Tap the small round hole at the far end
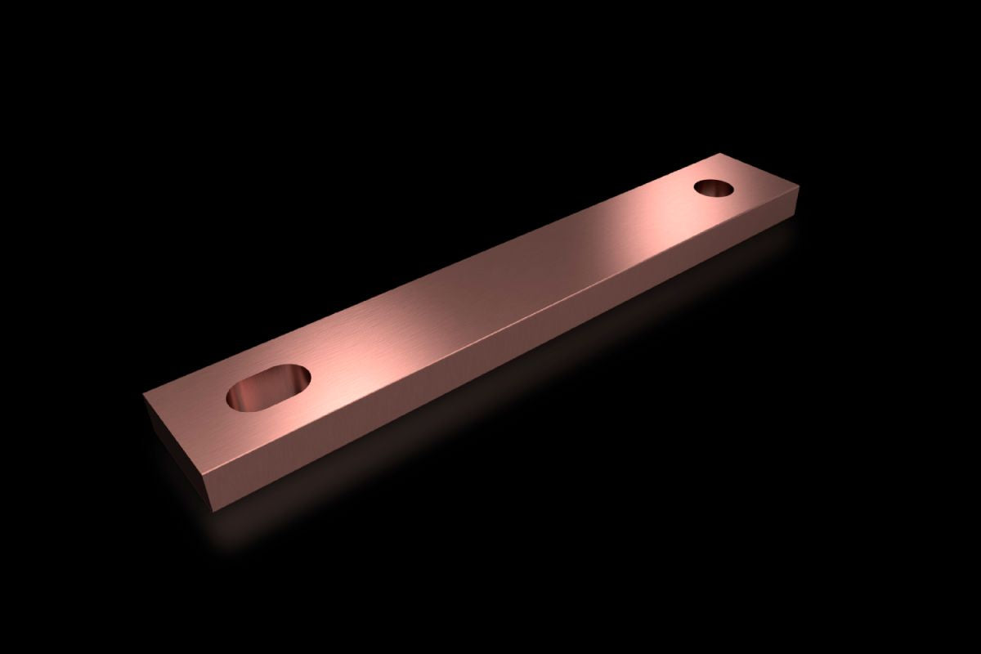coord(714,188)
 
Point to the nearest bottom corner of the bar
coord(214,511)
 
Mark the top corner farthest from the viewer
coord(722,153)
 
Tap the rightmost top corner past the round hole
coord(798,188)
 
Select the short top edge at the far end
coord(760,170)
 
